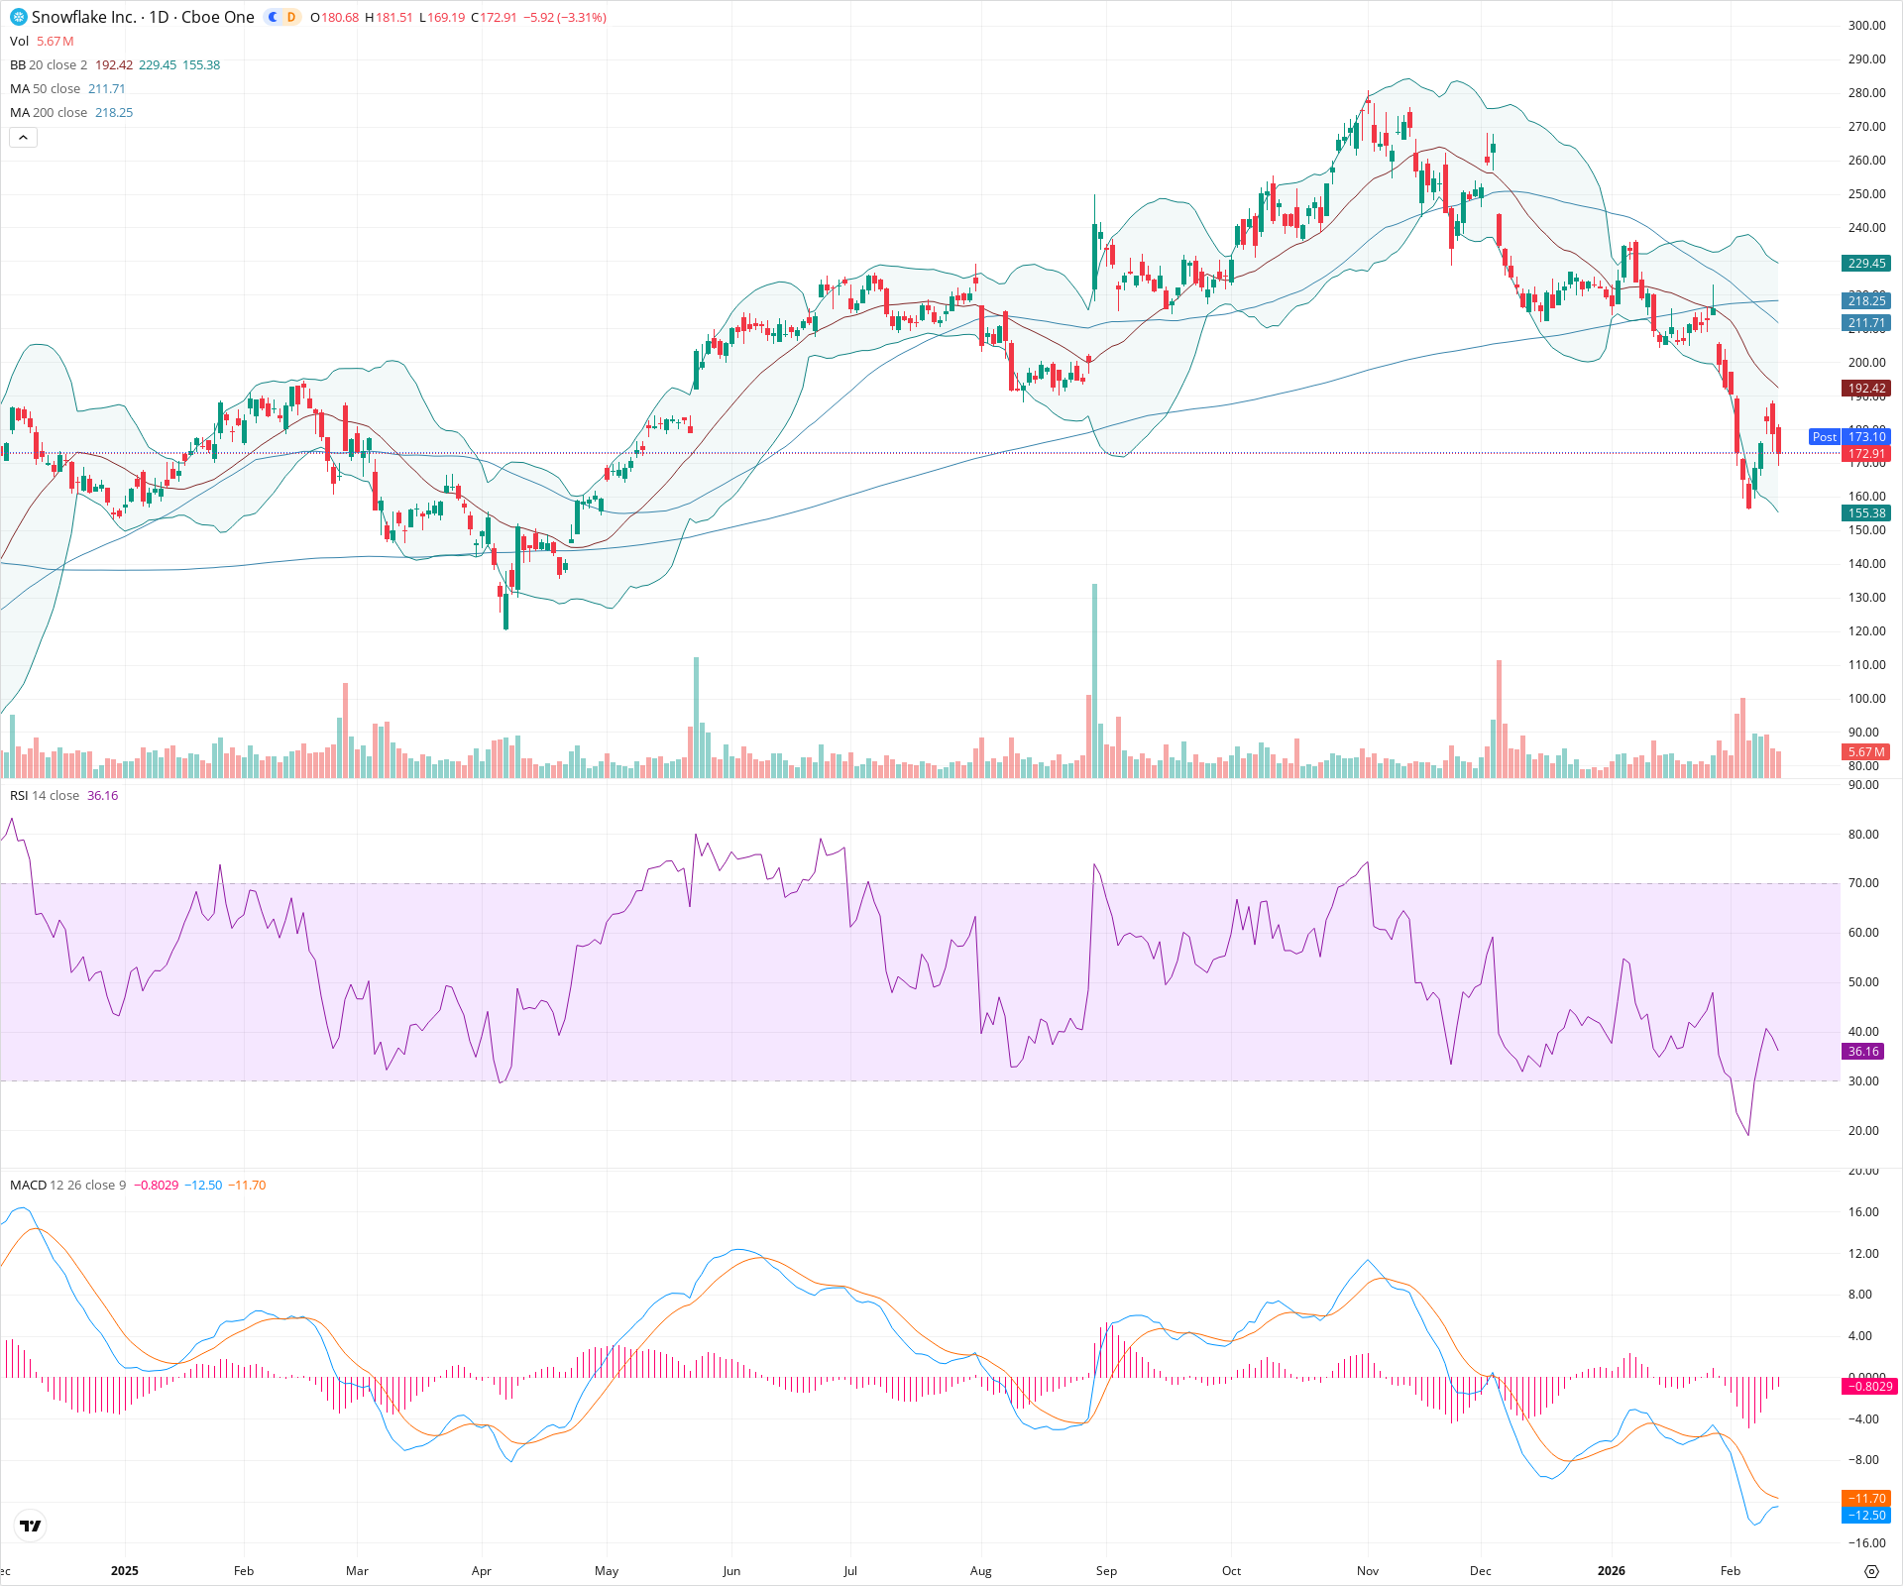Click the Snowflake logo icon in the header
19,17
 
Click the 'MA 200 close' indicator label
49,113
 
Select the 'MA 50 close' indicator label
45,89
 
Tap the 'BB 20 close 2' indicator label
49,65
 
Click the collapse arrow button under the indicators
23,138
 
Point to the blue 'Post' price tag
1824,437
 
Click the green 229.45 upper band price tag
1866,264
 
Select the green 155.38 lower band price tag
1866,513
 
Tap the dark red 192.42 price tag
1866,389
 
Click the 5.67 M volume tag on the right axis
1866,752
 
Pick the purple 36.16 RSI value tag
1863,1052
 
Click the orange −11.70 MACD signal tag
1866,1499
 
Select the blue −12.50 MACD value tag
1866,1516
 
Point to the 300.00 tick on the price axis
1866,26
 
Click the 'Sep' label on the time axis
1106,1571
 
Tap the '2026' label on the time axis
1612,1571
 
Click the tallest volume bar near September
1095,684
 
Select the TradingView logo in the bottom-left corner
31,1526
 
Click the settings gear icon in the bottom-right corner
1871,1571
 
